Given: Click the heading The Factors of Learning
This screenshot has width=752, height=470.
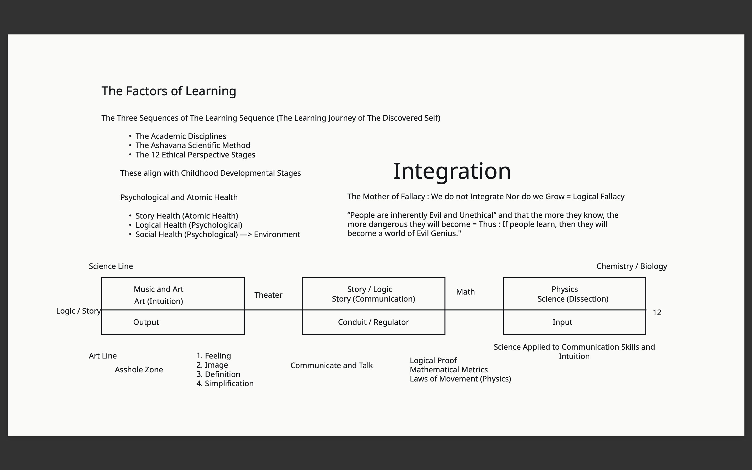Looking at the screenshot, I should tap(169, 91).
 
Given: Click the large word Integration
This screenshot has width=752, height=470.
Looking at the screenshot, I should tap(452, 171).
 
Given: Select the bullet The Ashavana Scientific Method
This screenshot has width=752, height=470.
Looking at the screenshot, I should tap(193, 145).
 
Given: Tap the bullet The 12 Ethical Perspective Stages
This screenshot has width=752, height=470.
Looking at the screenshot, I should tap(195, 155).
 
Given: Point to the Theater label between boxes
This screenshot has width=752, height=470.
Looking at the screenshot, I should tap(268, 295).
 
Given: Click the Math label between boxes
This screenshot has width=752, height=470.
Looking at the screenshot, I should tap(465, 292).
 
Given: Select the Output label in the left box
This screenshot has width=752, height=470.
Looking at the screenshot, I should tap(146, 322).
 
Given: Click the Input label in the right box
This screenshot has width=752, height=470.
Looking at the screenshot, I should tap(562, 322).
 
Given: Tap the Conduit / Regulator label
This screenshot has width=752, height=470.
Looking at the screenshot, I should tap(373, 322).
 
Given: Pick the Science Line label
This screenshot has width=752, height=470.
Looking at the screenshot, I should tap(111, 266).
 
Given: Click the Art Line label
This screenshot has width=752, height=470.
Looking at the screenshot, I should tap(103, 356).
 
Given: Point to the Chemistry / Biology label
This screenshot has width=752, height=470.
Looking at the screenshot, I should tap(631, 266).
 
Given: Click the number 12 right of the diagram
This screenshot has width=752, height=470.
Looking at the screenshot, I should tap(657, 312).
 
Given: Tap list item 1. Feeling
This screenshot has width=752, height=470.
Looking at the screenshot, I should tap(214, 356).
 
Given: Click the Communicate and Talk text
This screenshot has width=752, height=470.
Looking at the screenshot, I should tap(331, 366).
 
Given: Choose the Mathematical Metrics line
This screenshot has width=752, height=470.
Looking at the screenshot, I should tap(448, 369).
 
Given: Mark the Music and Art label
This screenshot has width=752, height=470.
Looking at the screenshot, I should tap(158, 289).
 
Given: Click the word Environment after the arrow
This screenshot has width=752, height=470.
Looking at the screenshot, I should tap(277, 234).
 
